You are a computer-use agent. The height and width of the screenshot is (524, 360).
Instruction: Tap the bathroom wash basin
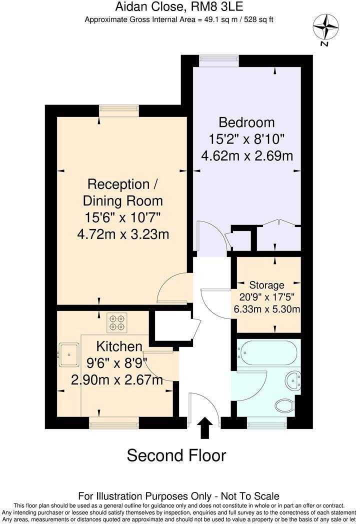293,379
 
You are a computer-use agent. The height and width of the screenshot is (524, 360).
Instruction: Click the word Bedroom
247,122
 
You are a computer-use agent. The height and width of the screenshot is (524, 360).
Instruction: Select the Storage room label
267,285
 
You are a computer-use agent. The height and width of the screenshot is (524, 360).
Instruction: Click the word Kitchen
119,346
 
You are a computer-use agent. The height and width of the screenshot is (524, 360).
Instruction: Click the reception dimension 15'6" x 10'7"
122,217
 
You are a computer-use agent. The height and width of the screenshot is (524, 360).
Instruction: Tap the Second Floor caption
176,455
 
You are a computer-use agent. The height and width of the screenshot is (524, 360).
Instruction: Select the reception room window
118,110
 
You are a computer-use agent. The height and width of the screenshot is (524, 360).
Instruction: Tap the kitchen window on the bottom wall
113,423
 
